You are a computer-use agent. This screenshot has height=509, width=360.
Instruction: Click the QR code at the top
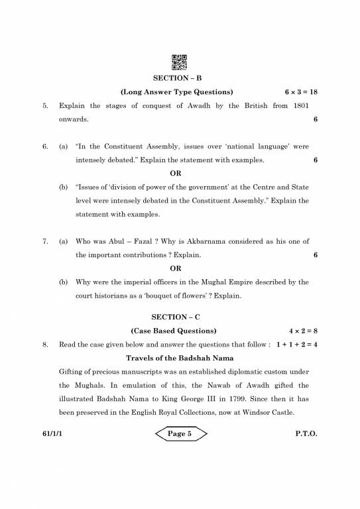[180, 62]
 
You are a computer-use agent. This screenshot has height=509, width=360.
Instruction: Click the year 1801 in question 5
[300, 105]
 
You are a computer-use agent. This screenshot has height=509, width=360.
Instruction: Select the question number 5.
[44, 105]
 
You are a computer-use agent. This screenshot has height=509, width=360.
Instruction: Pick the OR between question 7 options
[176, 268]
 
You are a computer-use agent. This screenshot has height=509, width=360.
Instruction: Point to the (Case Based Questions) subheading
[174, 330]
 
